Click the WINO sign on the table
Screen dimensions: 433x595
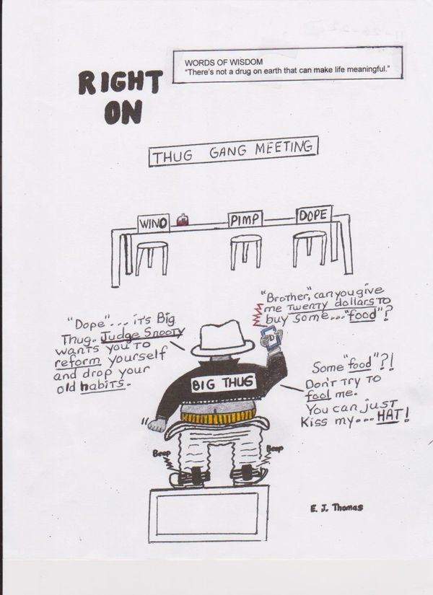click(154, 223)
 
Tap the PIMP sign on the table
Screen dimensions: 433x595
click(245, 220)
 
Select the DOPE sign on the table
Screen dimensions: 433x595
click(314, 215)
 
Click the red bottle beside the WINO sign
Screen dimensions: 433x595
click(183, 220)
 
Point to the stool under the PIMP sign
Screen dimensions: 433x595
click(246, 251)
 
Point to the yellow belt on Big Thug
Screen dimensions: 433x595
click(217, 415)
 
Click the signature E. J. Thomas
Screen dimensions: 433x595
click(336, 507)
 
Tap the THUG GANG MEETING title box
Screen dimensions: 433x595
click(233, 151)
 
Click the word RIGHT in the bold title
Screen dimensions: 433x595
click(121, 82)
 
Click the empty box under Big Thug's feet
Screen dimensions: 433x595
click(209, 514)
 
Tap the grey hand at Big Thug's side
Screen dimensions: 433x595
click(157, 425)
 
